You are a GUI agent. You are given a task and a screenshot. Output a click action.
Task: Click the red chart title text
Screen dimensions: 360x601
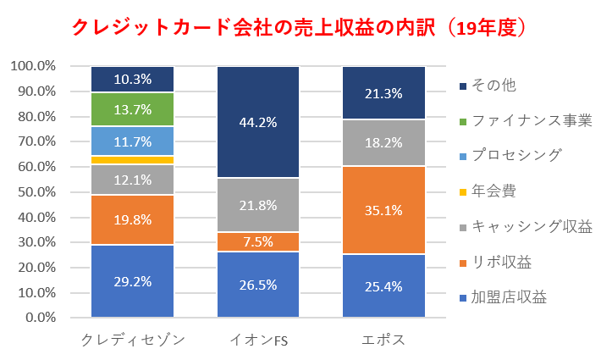point(300,27)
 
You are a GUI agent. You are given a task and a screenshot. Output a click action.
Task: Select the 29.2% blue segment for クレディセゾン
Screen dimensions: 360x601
point(133,282)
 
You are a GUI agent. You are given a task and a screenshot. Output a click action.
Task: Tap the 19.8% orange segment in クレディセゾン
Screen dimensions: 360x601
point(133,220)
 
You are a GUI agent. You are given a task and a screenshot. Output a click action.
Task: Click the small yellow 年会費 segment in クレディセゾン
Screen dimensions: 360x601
point(133,160)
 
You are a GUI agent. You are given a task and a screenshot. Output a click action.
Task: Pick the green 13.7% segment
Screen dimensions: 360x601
point(133,109)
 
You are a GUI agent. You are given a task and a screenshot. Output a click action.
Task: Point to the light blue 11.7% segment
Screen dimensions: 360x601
point(133,141)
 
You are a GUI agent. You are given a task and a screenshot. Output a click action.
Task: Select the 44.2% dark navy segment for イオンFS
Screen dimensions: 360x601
point(258,122)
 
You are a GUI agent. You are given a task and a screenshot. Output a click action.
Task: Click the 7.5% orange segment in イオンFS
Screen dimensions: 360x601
point(258,242)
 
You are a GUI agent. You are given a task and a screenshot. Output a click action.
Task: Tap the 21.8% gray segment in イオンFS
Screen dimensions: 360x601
point(258,205)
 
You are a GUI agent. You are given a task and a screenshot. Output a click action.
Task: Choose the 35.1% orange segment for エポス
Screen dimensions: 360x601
point(383,210)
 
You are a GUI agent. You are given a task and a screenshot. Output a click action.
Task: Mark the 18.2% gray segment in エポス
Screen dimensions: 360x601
point(383,143)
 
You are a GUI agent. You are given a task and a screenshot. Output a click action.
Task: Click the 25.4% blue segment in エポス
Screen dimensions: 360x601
point(383,286)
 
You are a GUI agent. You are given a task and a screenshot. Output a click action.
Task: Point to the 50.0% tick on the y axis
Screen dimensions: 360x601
point(35,192)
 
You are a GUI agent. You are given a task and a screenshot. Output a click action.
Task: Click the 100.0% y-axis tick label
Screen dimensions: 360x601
point(33,66)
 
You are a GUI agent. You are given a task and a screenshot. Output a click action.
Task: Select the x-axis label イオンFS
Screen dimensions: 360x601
point(258,341)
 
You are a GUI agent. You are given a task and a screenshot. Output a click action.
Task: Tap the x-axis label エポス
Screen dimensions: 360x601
point(383,341)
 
